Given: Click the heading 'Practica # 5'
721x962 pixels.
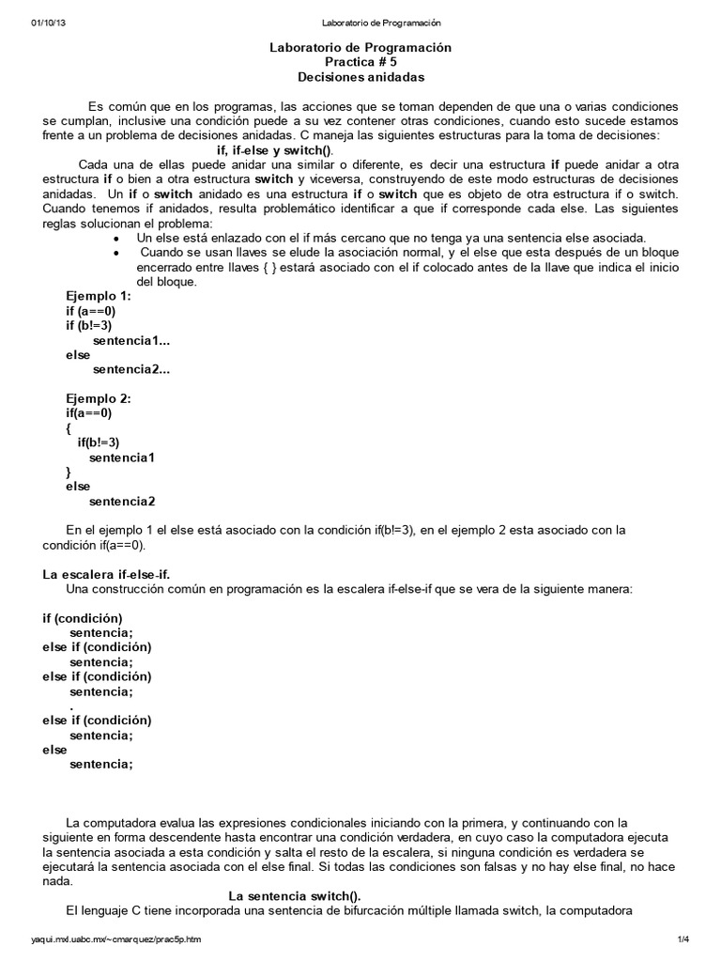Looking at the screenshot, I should [x=360, y=61].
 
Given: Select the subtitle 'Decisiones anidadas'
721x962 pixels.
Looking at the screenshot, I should [x=360, y=76].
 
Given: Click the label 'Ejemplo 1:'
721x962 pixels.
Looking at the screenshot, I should [x=99, y=296].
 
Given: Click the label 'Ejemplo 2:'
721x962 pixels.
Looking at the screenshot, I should [x=99, y=398].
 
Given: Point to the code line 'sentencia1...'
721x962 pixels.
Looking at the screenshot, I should [x=131, y=340].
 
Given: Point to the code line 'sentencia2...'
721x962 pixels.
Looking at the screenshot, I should [x=131, y=369].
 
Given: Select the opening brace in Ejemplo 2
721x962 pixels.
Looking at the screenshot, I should [x=69, y=427].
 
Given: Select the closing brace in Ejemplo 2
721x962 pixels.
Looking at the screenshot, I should [x=69, y=472].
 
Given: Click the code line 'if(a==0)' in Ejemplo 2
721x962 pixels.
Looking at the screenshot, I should [x=89, y=412].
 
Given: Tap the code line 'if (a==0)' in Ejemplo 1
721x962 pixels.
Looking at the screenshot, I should [x=90, y=310].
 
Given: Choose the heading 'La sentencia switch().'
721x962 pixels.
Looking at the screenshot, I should [x=295, y=895].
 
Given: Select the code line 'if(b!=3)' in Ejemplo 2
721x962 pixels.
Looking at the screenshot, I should [x=99, y=442].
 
